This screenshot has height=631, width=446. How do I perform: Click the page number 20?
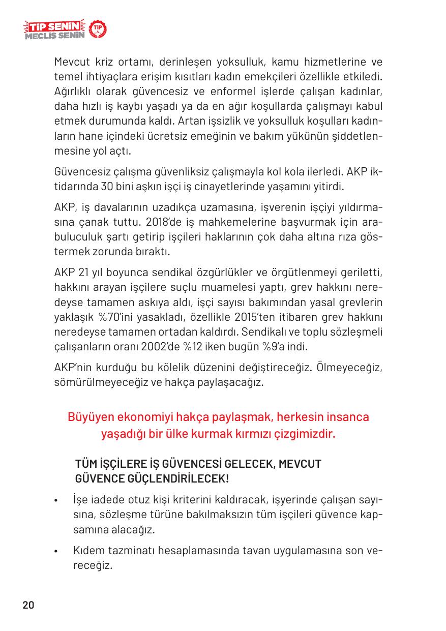coord(28,605)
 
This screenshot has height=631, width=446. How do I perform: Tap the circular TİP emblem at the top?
coord(98,31)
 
